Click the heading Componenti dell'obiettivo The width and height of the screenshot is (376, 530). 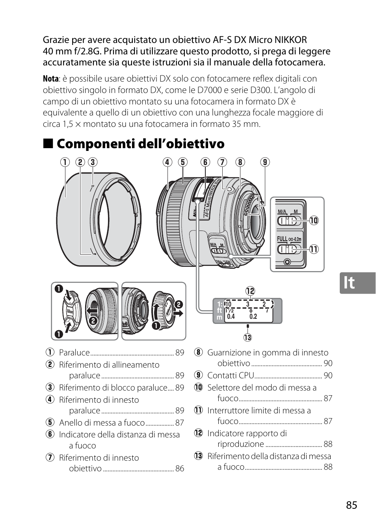click(x=140, y=144)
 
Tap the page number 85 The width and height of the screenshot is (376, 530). click(x=352, y=505)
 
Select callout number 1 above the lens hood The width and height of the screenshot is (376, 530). click(x=66, y=162)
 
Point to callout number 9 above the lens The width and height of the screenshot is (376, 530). click(x=265, y=162)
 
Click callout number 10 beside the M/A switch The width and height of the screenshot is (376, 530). click(x=313, y=220)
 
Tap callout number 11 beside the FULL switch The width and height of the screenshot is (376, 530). click(x=313, y=249)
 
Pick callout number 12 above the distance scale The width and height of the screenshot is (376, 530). click(x=250, y=291)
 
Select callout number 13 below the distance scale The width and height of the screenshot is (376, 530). click(x=248, y=337)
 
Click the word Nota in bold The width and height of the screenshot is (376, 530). click(x=50, y=79)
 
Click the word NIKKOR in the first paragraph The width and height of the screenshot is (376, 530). click(x=289, y=40)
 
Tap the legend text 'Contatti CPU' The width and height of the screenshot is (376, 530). click(x=231, y=375)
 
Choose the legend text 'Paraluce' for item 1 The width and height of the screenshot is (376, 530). click(x=74, y=353)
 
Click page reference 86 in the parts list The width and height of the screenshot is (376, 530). click(x=180, y=469)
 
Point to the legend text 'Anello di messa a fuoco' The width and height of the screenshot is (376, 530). click(x=102, y=423)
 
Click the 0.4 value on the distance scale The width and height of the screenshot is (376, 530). click(x=231, y=316)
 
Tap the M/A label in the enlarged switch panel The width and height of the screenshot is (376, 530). click(x=282, y=212)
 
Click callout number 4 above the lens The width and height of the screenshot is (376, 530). click(x=168, y=162)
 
